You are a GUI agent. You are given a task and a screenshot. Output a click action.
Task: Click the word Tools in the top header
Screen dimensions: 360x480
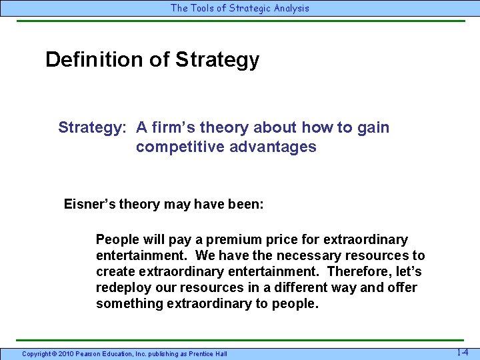(203, 8)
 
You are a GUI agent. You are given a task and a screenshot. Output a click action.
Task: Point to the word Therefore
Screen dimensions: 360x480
(361, 271)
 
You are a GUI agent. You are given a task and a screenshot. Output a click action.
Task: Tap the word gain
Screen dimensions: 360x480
(374, 127)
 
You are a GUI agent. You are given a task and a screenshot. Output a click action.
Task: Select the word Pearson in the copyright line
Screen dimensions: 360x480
(93, 353)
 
